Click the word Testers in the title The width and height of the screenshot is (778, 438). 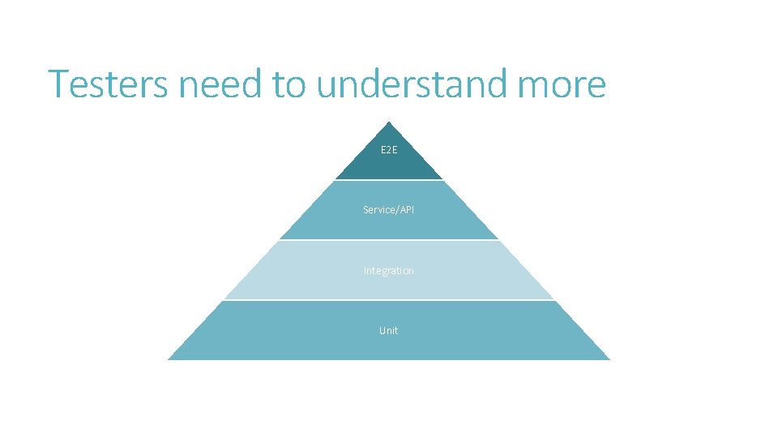(109, 84)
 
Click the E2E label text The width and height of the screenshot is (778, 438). (389, 150)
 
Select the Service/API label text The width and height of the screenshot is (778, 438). (389, 210)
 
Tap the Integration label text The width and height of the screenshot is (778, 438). (389, 270)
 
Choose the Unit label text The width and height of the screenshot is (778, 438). (389, 330)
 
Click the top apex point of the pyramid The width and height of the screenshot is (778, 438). (389, 122)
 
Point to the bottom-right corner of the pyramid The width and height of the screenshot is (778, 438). (609, 359)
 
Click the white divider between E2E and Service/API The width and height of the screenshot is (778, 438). (389, 180)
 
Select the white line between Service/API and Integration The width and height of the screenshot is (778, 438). (389, 240)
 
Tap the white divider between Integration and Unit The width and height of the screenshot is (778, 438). (389, 300)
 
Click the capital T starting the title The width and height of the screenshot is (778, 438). (58, 84)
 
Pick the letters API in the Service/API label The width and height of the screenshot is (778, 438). (406, 210)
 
